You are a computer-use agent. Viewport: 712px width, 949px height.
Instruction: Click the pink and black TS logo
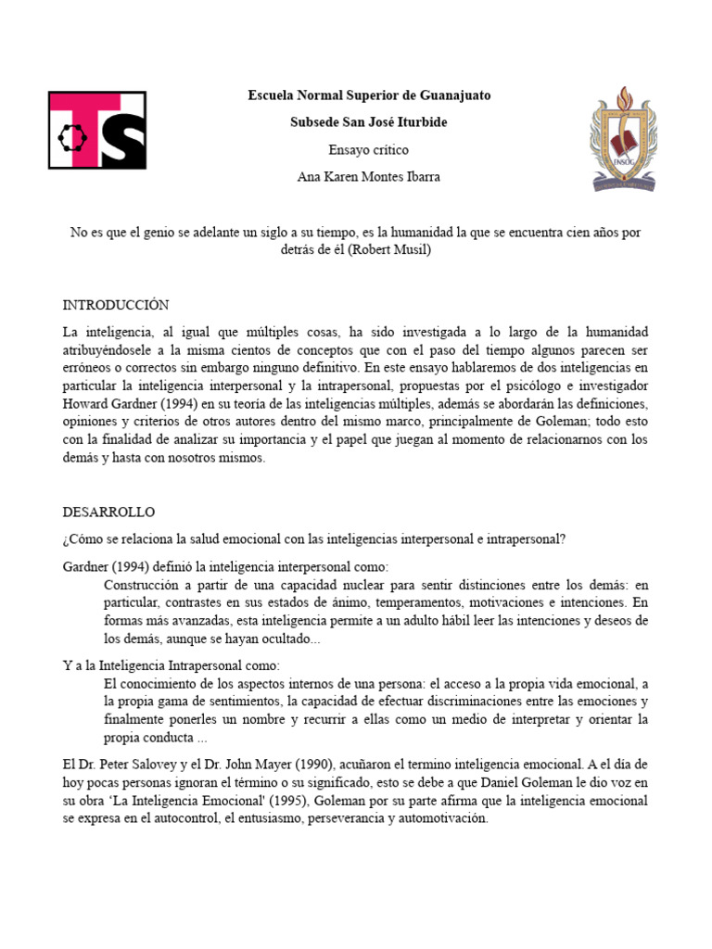96,131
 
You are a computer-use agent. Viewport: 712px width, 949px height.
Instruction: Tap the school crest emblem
623,138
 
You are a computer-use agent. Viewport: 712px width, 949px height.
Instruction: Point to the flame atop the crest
623,95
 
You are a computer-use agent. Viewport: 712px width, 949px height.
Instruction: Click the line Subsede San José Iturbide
368,122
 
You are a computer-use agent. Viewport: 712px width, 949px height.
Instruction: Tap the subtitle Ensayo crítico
368,149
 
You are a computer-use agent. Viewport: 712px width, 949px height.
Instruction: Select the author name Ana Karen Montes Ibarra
368,176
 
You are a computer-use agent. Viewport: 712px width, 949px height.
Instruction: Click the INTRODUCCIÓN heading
116,305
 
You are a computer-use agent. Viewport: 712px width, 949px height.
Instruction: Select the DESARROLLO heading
108,512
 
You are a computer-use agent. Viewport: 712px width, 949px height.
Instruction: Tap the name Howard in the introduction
86,404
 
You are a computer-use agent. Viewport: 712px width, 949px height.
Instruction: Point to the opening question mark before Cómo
66,539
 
